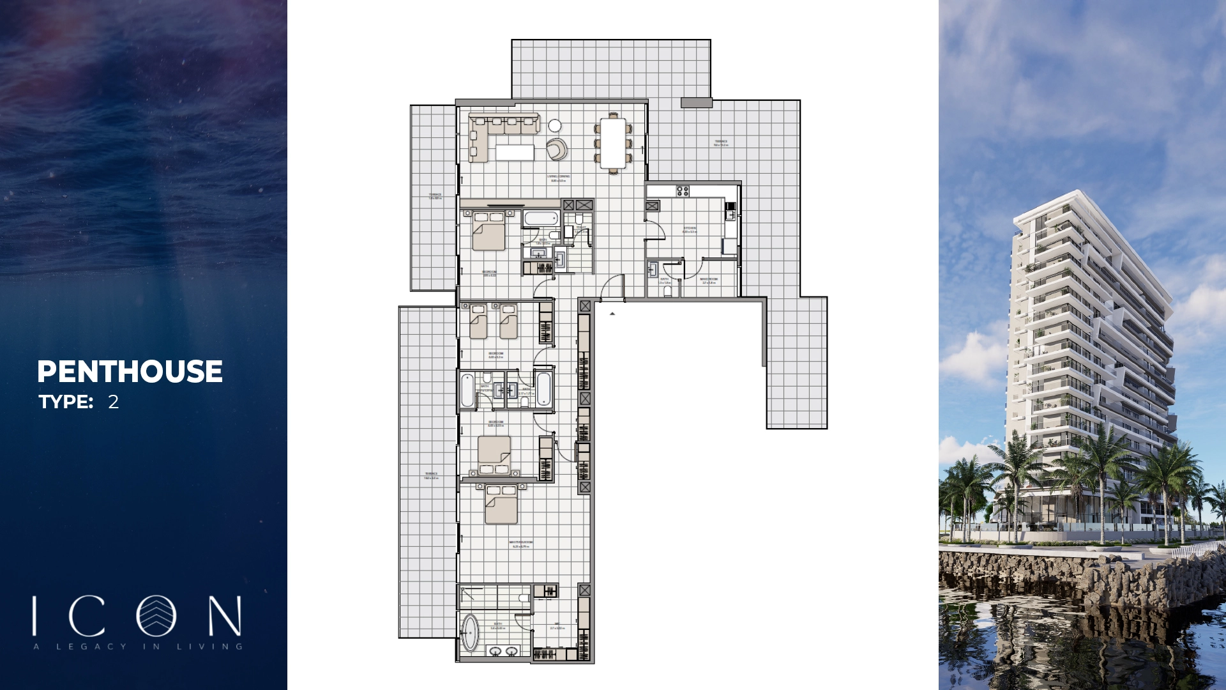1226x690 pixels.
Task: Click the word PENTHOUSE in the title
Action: click(x=130, y=372)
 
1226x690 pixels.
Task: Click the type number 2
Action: click(x=113, y=402)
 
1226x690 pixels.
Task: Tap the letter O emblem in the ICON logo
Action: click(x=156, y=616)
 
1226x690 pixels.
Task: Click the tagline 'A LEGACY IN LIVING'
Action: click(x=138, y=647)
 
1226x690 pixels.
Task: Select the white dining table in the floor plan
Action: click(x=613, y=142)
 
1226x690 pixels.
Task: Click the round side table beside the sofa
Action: click(x=555, y=125)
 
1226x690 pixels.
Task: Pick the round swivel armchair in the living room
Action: click(x=557, y=149)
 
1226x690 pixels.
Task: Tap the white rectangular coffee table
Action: click(x=515, y=152)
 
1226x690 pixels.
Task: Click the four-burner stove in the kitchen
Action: click(x=683, y=190)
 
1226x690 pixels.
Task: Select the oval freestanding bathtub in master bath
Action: click(x=470, y=632)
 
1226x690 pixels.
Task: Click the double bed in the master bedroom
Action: click(x=501, y=505)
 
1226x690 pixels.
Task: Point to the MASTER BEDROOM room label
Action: click(x=521, y=544)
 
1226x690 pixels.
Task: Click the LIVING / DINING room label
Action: click(x=559, y=178)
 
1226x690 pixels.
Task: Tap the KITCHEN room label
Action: click(x=690, y=229)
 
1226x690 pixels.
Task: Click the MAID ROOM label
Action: click(x=709, y=280)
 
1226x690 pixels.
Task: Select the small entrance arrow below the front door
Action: click(x=612, y=314)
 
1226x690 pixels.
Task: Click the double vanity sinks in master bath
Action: click(x=503, y=651)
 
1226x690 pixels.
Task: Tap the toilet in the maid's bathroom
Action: click(x=668, y=291)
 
